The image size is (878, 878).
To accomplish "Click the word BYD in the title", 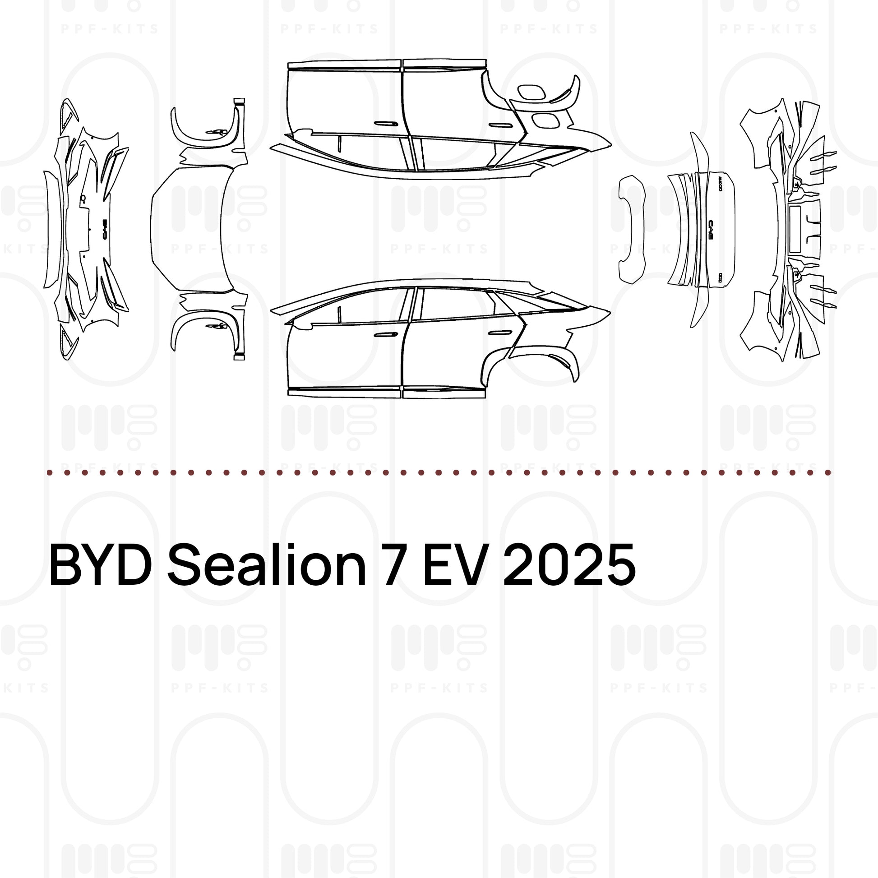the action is point(101,565).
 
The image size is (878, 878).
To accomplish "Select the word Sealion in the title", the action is point(267,565).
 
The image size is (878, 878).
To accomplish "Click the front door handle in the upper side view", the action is point(386,123).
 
